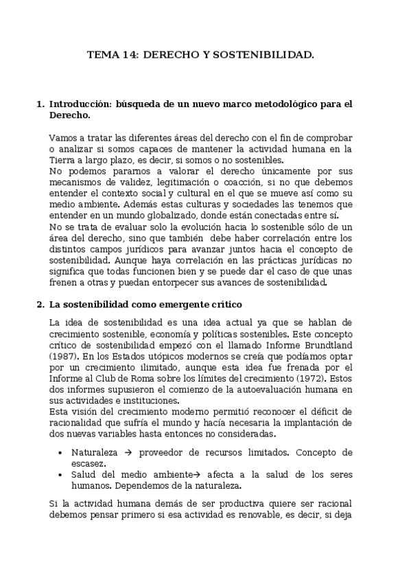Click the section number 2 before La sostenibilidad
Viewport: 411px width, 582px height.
coord(39,304)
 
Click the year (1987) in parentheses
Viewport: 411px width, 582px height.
coord(64,358)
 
